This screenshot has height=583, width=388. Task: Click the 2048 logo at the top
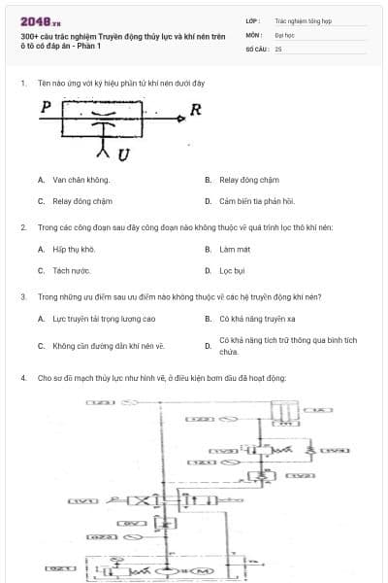(x=39, y=20)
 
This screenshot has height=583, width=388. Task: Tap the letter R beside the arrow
(x=195, y=110)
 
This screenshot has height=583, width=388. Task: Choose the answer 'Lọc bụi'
(x=232, y=271)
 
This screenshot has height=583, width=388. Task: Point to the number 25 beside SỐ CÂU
(x=278, y=49)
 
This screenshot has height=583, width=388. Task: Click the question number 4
(x=22, y=377)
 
